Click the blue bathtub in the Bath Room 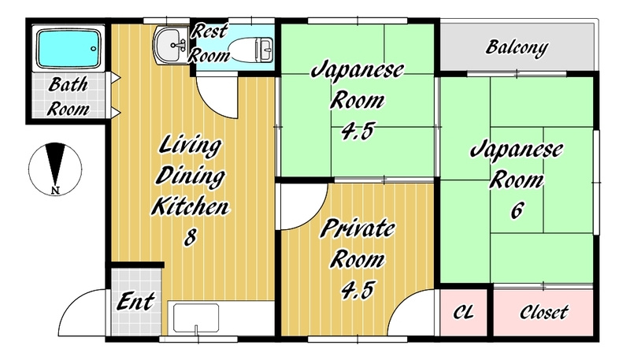pos(69,48)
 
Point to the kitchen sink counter pos(196,319)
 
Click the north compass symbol pos(55,169)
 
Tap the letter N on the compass pos(55,191)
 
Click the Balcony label pos(517,48)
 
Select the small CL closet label pos(464,312)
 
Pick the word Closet pos(544,312)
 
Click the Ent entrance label pos(135,302)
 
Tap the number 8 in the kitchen pos(191,236)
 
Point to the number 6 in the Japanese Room pos(517,210)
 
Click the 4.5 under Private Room pos(358,290)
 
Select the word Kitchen pos(190,206)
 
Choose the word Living pos(190,146)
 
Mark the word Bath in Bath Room pos(68,85)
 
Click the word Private pos(358,228)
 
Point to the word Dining pos(190,176)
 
